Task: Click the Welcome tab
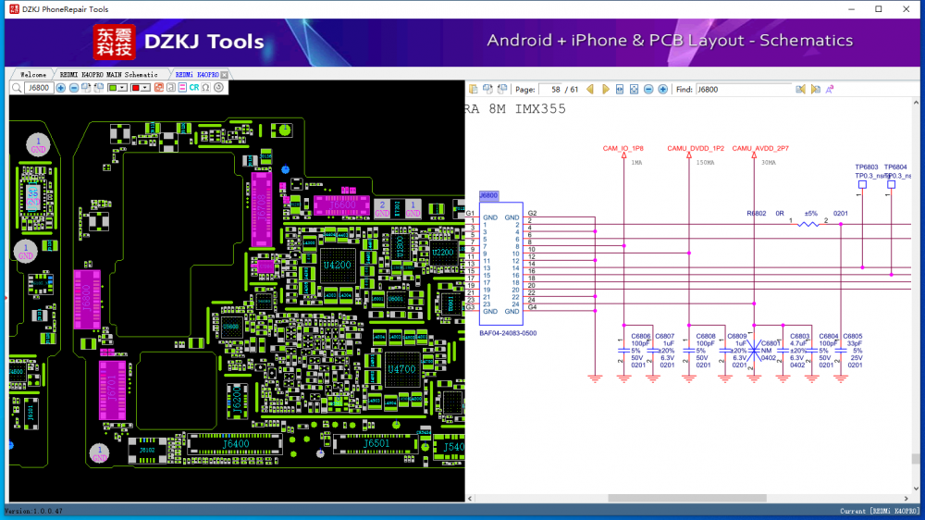33,74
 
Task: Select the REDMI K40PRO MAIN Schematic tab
108,74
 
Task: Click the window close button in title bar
904,9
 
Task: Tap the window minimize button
852,9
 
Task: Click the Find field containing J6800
743,90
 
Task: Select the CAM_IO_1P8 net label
623,148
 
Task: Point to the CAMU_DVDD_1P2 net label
696,148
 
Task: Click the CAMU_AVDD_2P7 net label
760,148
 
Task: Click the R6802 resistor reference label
756,213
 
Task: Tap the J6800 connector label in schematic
487,195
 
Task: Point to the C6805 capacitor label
852,336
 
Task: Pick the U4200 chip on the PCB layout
337,266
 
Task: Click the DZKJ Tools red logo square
114,42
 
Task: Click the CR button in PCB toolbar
193,88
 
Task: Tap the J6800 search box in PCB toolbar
39,88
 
